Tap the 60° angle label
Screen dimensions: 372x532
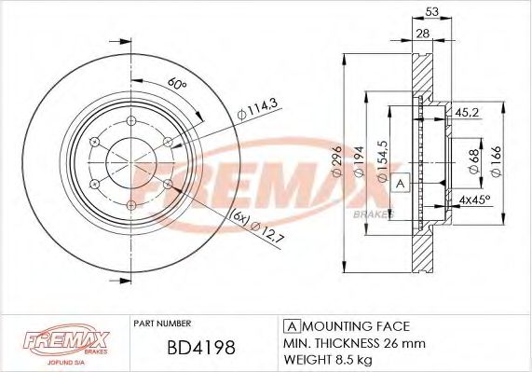click(177, 85)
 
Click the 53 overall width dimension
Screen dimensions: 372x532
click(432, 11)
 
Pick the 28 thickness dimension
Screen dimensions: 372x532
click(422, 34)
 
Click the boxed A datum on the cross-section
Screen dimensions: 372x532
click(401, 183)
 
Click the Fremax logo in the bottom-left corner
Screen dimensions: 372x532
click(59, 342)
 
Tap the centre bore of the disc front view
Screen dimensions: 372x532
click(130, 162)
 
